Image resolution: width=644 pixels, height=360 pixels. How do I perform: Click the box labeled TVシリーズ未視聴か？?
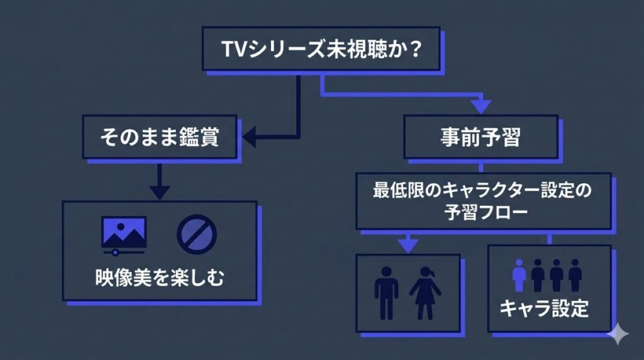point(321,48)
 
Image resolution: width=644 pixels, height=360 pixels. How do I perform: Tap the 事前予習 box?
point(480,137)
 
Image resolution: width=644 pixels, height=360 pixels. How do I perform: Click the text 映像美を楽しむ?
point(160,277)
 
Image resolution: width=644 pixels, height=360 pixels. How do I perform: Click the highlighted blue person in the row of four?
point(519,276)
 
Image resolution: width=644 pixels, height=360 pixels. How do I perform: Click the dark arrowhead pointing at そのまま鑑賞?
point(249,137)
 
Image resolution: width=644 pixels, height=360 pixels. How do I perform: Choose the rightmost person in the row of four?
point(575,276)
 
